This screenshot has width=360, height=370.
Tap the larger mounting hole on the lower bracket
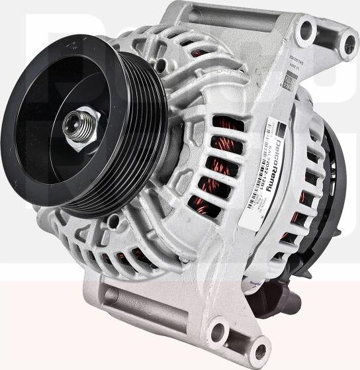click(218, 326)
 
